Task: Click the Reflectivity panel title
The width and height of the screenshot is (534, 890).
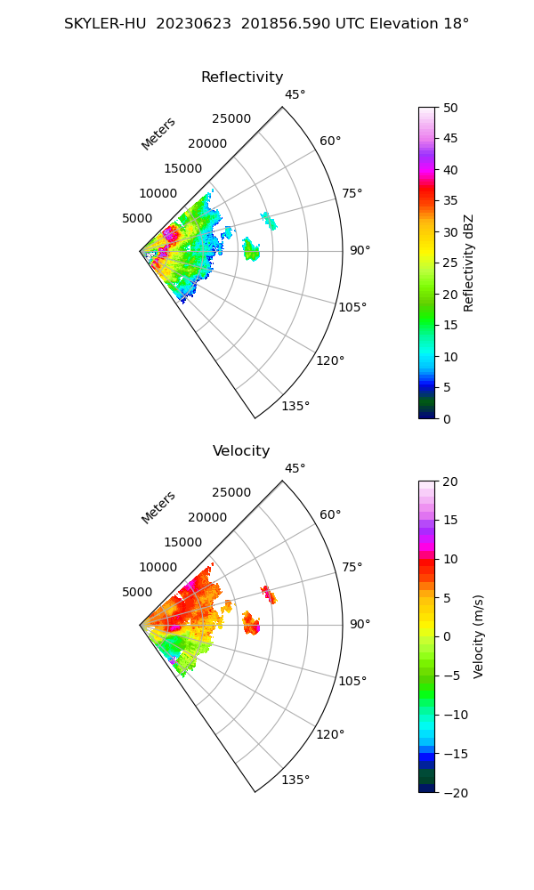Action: (x=242, y=77)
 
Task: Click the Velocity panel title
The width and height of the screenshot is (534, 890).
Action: (x=241, y=451)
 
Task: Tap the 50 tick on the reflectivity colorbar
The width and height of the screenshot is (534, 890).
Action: (x=451, y=108)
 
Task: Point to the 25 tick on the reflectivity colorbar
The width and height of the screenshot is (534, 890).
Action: (x=451, y=263)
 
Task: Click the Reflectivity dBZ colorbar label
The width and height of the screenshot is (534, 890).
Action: (x=469, y=263)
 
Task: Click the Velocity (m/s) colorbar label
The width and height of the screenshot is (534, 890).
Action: (x=479, y=636)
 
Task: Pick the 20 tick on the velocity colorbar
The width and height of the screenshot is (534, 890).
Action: (x=451, y=481)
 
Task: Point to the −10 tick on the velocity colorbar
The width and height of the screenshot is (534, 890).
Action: (x=455, y=715)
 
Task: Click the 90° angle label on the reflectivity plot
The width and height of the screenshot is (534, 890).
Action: (x=360, y=251)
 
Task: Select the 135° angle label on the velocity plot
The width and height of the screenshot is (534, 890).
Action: (x=295, y=781)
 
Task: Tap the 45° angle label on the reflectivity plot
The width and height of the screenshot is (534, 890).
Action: (x=295, y=95)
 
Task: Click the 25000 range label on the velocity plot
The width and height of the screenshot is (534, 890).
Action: (x=231, y=493)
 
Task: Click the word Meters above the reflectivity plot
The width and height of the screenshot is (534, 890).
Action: (x=158, y=133)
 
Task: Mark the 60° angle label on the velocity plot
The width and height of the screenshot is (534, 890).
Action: (x=330, y=515)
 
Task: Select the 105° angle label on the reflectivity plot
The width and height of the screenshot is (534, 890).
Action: (x=352, y=307)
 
